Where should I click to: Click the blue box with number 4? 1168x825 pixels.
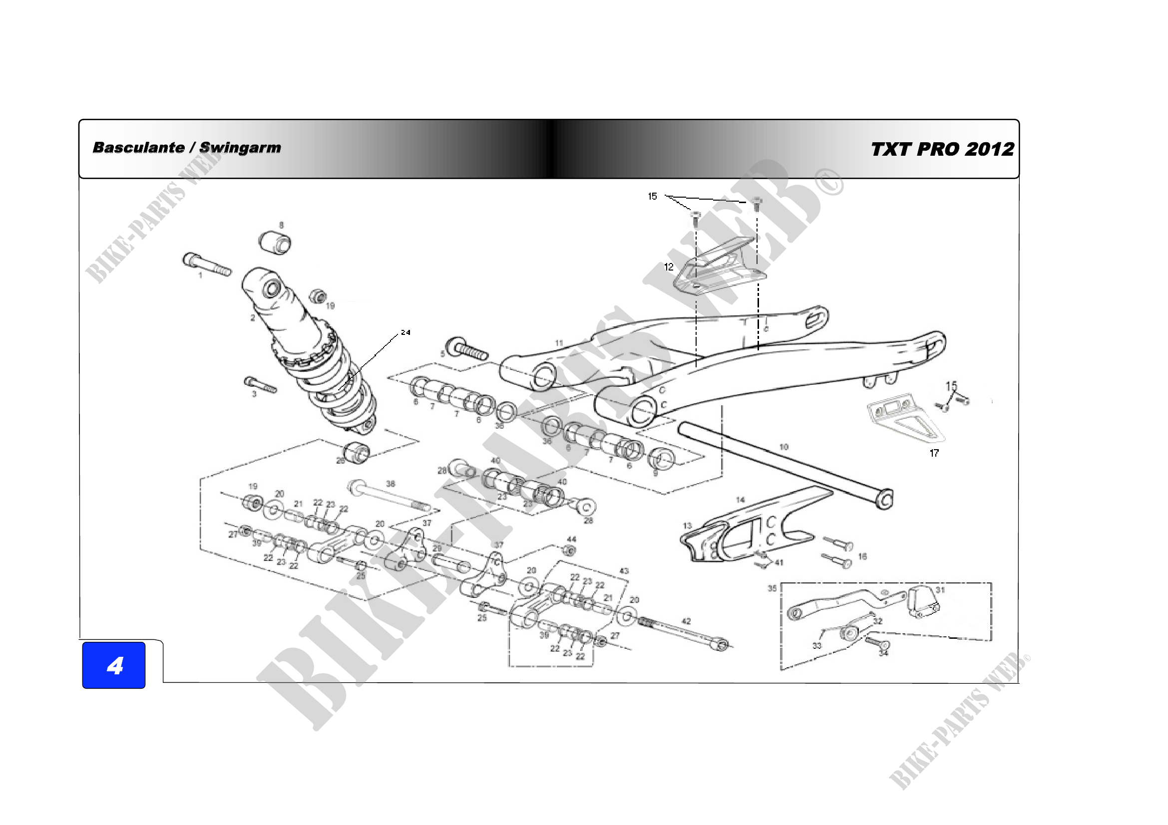pyautogui.click(x=114, y=665)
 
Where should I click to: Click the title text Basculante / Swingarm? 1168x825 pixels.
pyautogui.click(x=187, y=147)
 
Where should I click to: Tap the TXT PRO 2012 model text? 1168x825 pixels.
pyautogui.click(x=942, y=149)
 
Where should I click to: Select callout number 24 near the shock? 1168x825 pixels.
pyautogui.click(x=405, y=332)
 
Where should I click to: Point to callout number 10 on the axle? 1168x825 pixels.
pyautogui.click(x=784, y=447)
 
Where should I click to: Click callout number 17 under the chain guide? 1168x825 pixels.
pyautogui.click(x=934, y=453)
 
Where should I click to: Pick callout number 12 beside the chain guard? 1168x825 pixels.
pyautogui.click(x=669, y=267)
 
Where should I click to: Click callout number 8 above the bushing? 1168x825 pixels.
pyautogui.click(x=281, y=225)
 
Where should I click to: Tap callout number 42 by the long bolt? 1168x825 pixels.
pyautogui.click(x=686, y=621)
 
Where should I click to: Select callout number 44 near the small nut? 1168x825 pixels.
pyautogui.click(x=572, y=540)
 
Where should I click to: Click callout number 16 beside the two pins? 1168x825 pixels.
pyautogui.click(x=862, y=556)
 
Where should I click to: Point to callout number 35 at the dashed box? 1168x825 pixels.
pyautogui.click(x=772, y=588)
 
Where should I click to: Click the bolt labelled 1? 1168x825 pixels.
pyautogui.click(x=207, y=265)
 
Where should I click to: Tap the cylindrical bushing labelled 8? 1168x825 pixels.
pyautogui.click(x=276, y=243)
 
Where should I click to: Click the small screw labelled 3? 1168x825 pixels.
pyautogui.click(x=261, y=384)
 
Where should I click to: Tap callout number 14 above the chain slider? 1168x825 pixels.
pyautogui.click(x=741, y=500)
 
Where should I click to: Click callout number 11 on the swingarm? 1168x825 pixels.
pyautogui.click(x=559, y=343)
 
